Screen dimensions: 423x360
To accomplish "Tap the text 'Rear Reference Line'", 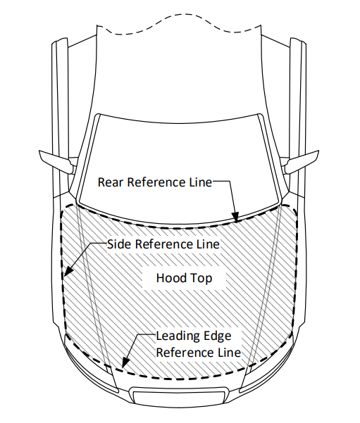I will coord(154,182).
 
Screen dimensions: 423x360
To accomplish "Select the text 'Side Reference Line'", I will coord(163,244).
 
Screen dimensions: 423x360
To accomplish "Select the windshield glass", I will coord(180,151).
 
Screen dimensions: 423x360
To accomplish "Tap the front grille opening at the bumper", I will coord(180,396).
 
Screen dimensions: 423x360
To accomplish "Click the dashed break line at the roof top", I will coord(180,32).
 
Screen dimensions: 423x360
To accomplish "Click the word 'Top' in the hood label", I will coord(201,278).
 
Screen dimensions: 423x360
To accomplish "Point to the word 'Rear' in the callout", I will coord(111,182).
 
